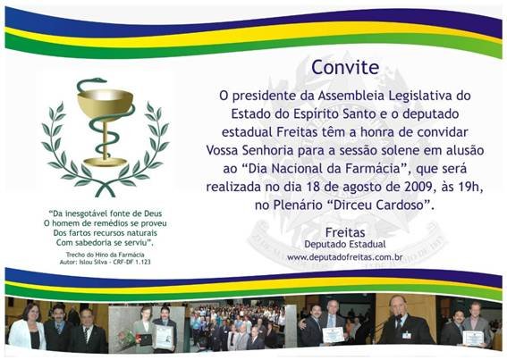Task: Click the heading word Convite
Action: [345, 67]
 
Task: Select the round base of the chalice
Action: [106, 162]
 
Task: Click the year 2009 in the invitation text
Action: [420, 187]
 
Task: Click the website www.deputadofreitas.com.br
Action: [344, 257]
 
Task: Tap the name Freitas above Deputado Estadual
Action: [345, 232]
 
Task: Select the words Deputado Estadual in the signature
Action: [345, 244]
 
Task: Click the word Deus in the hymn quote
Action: [153, 213]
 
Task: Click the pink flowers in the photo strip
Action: [126, 339]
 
